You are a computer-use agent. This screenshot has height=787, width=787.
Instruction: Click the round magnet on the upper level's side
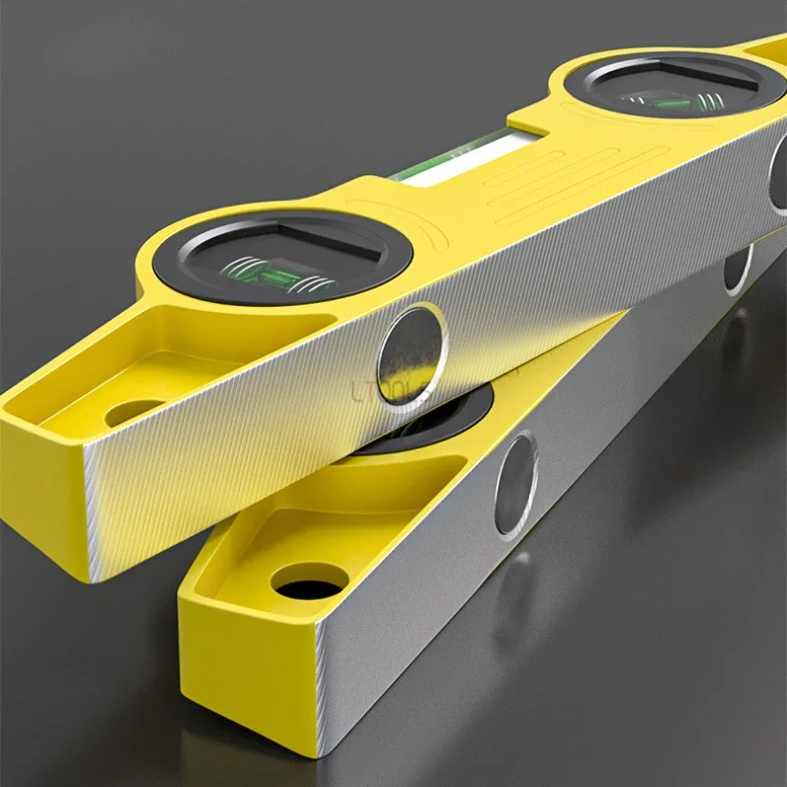click(x=411, y=354)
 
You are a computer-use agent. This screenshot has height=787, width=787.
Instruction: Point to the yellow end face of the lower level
click(x=246, y=689)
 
